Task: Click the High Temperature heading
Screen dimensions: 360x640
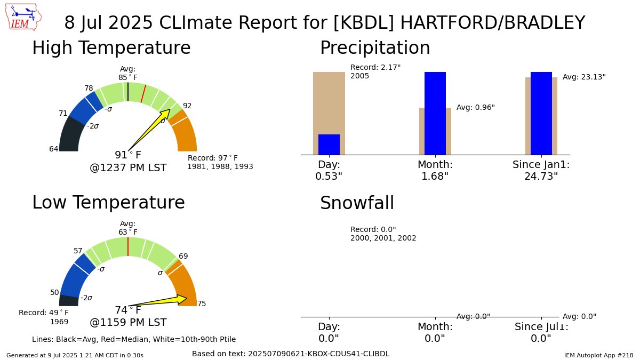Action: [x=111, y=48]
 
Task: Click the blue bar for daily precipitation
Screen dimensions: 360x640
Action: [x=329, y=145]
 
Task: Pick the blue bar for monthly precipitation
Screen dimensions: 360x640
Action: [x=435, y=113]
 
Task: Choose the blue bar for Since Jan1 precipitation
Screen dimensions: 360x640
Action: [x=541, y=113]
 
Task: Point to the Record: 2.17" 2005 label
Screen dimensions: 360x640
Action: [x=375, y=71]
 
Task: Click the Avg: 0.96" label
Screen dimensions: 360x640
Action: [x=475, y=107]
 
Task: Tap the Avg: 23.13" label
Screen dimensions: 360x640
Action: [x=584, y=77]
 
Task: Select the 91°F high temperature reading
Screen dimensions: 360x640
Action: [x=128, y=155]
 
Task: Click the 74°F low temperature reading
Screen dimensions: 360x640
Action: [x=128, y=310]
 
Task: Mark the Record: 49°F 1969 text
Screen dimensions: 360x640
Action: [x=44, y=317]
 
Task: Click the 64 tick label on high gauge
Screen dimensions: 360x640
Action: [x=54, y=149]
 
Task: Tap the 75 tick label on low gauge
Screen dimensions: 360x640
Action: [x=202, y=304]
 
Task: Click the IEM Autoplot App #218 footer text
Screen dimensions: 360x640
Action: [x=598, y=355]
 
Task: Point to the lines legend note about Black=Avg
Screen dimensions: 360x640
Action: [x=134, y=339]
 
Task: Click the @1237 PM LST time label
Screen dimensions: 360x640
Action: [x=128, y=168]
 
